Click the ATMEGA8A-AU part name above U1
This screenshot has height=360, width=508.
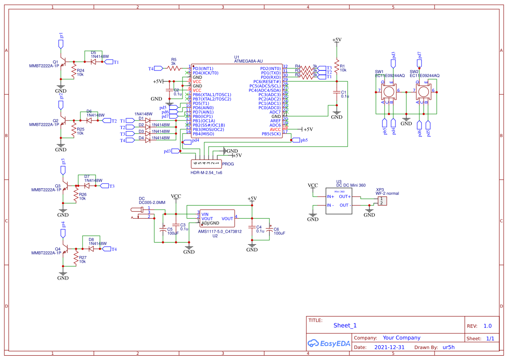248,61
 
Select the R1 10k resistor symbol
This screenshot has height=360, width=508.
336,67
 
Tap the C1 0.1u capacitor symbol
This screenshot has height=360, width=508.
336,92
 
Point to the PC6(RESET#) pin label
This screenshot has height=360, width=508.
267,82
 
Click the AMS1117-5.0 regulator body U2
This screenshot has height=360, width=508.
217,219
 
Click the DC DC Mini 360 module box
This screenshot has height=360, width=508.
344,200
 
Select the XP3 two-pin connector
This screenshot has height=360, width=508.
382,201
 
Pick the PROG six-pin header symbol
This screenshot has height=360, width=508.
206,164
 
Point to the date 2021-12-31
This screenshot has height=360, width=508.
389,347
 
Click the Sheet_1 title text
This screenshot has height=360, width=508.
345,325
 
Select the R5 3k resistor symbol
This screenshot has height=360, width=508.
174,68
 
